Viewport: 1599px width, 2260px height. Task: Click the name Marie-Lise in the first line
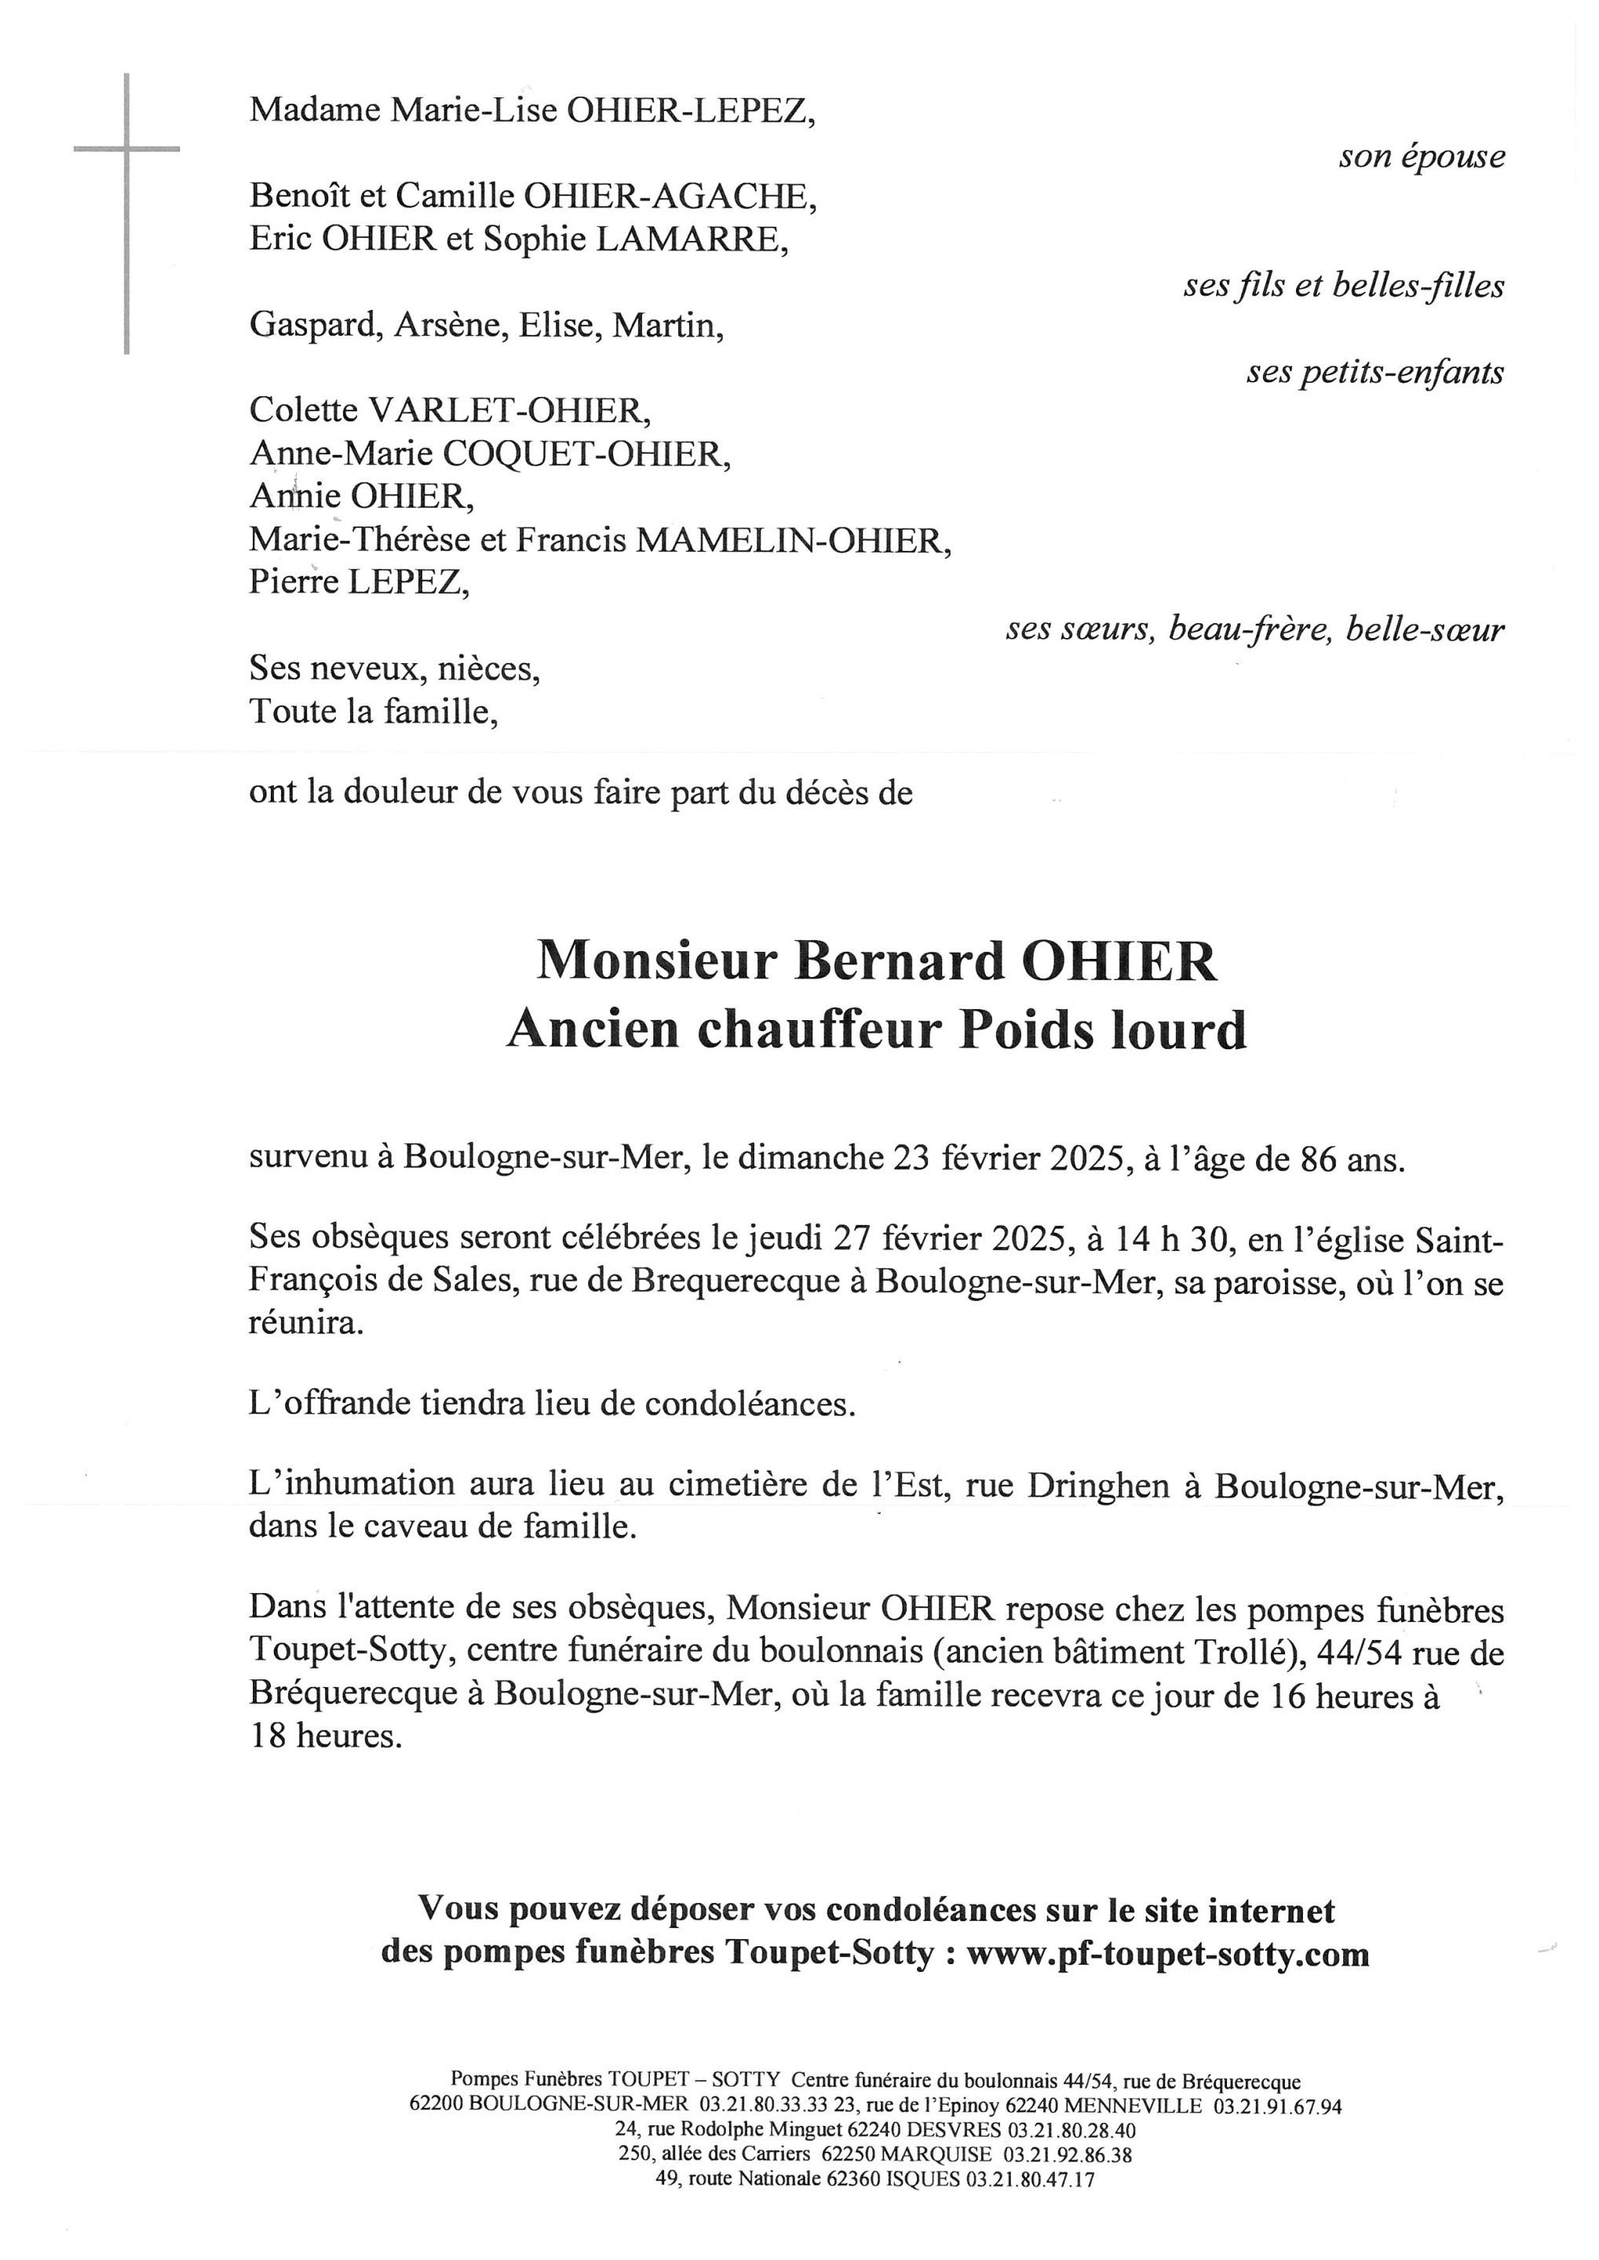475,110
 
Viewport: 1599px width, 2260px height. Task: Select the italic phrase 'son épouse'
1421,158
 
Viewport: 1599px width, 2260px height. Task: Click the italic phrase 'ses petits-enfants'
1374,373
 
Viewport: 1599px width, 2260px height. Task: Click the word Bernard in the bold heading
898,962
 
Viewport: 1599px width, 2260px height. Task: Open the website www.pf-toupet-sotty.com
1168,1954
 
